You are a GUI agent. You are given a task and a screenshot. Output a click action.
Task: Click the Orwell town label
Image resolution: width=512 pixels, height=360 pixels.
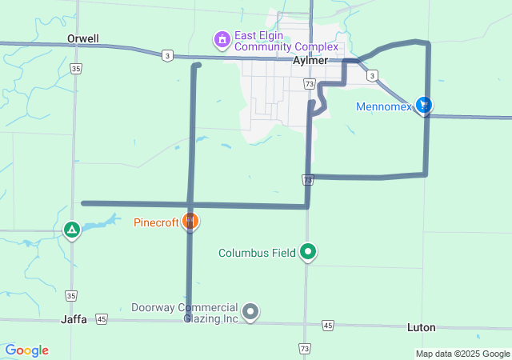point(83,38)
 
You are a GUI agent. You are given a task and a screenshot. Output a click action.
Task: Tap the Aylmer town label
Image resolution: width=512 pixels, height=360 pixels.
point(311,61)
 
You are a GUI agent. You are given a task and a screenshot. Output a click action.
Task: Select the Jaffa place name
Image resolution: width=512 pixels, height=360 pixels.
point(74,318)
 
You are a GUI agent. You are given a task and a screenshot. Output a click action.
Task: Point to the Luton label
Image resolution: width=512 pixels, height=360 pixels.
point(421,328)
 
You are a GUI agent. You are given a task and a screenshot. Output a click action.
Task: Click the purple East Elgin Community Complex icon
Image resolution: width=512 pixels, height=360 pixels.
point(222,38)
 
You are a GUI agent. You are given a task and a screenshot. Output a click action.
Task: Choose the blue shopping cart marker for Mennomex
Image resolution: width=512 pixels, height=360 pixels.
point(424,105)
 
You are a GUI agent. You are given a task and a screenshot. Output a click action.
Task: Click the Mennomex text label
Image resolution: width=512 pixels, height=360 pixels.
point(383,106)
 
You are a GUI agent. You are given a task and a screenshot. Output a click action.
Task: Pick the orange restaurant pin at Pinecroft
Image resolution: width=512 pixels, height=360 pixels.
point(190,221)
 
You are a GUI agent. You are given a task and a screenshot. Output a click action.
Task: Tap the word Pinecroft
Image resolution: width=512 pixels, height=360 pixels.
point(155,222)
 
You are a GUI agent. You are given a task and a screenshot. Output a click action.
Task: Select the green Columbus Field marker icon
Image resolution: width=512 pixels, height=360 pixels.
point(308,253)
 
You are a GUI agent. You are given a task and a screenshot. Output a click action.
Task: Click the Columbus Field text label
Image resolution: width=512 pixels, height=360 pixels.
point(256,254)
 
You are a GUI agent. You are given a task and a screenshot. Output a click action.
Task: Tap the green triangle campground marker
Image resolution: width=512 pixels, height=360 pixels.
point(72,231)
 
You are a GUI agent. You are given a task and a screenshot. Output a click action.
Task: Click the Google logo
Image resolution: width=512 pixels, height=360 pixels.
point(26,350)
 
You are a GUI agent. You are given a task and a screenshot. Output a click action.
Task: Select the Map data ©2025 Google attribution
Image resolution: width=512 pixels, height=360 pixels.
point(462,354)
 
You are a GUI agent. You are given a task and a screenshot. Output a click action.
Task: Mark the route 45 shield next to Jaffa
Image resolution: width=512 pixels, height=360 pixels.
point(101,319)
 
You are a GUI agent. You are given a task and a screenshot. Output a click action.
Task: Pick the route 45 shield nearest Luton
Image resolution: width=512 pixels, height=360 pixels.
point(328,325)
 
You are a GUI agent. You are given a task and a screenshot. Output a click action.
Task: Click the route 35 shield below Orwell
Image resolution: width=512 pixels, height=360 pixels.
point(74,70)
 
